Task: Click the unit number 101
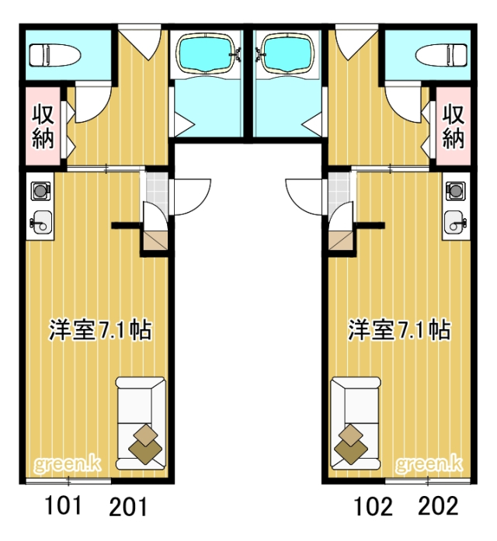point(64,507)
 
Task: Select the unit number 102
point(374,508)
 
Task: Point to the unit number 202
point(438,507)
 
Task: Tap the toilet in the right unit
point(440,54)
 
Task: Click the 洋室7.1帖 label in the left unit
point(99,330)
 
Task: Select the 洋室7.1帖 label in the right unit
point(398,330)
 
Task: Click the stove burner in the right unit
point(456,189)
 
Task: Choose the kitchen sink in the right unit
point(456,221)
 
